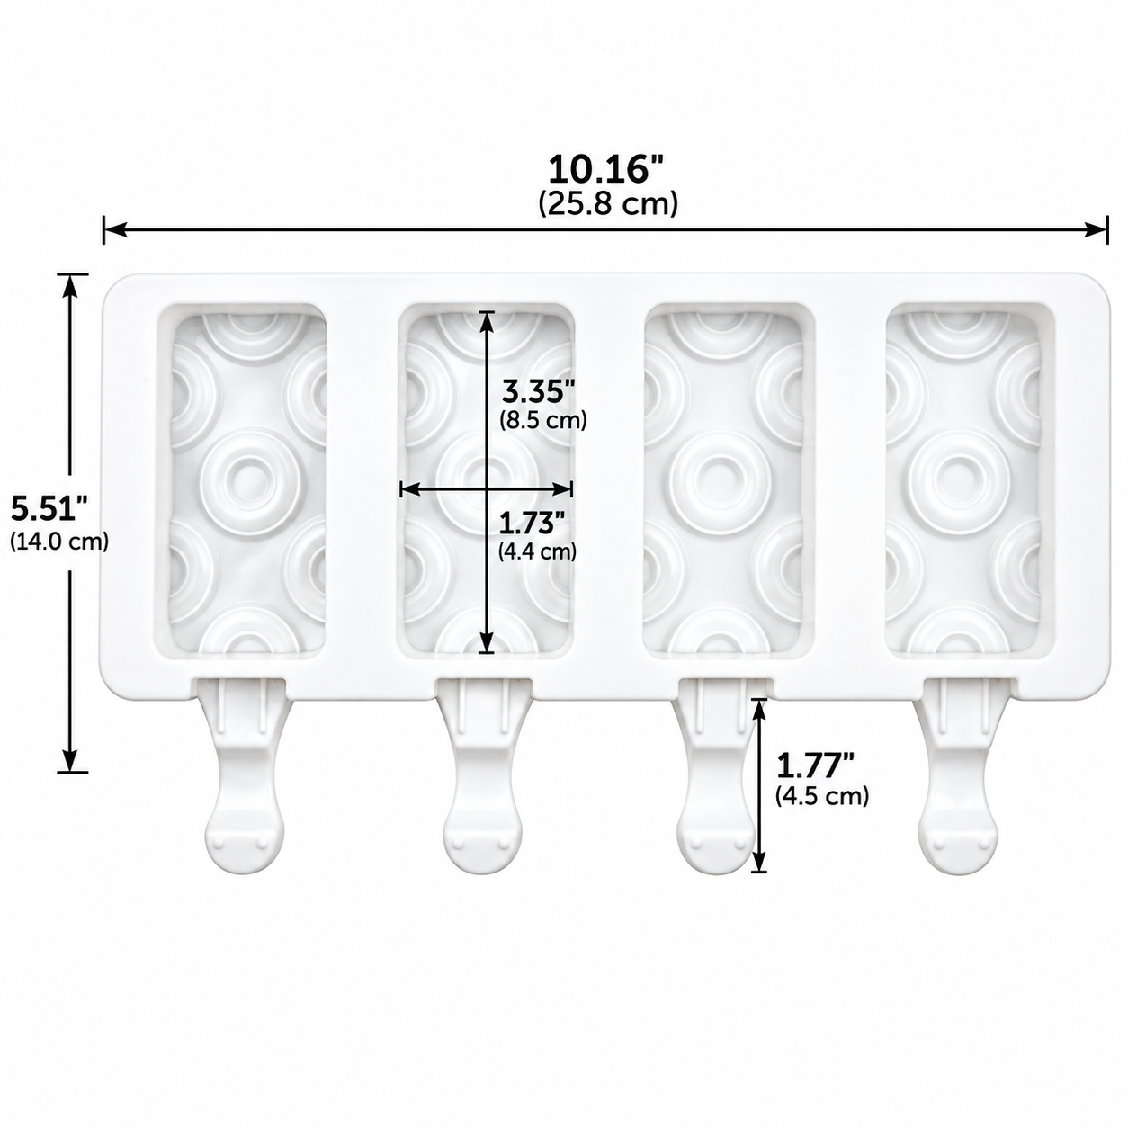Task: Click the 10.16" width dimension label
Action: (x=607, y=170)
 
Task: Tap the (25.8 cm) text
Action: (x=607, y=203)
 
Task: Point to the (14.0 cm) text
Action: (x=59, y=541)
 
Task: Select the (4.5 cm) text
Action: (x=822, y=795)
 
